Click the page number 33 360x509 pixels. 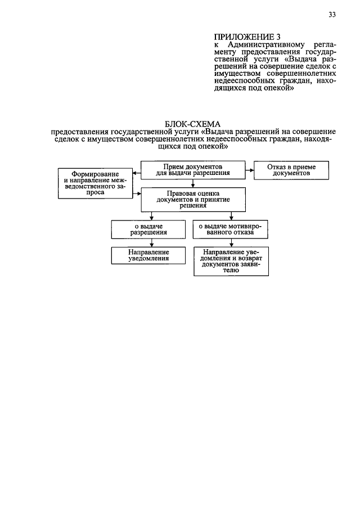coord(332,15)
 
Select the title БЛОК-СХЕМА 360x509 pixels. coord(193,123)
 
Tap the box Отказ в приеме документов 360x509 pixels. coord(291,170)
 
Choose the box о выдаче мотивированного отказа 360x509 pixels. coord(230,228)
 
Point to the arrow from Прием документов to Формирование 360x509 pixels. coord(136,170)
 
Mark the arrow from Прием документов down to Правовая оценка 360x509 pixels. coord(193,183)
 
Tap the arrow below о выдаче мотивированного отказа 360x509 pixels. coord(230,242)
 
